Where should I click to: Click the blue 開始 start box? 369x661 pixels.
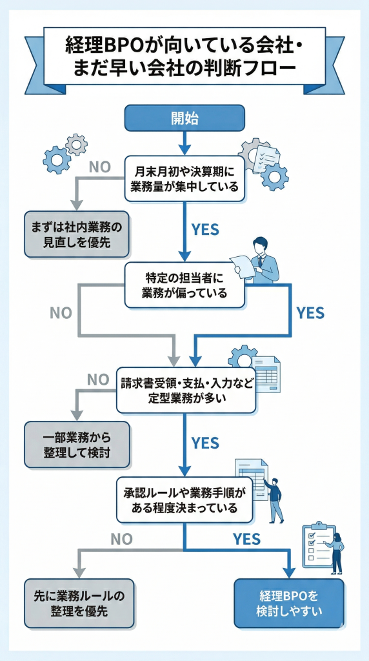[x=184, y=118]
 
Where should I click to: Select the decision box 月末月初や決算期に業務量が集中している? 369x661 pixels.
[x=184, y=179]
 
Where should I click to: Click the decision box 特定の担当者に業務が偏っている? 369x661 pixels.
[x=184, y=285]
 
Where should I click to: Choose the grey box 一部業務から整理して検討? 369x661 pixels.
[x=77, y=445]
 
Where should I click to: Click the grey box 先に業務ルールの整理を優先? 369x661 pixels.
[x=79, y=603]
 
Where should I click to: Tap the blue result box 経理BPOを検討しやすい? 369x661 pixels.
[x=288, y=603]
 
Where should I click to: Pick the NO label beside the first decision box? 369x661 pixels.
[x=100, y=167]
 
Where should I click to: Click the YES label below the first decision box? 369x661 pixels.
[x=205, y=229]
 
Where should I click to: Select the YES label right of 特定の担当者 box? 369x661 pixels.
[x=310, y=313]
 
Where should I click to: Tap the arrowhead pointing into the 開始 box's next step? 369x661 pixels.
[x=184, y=148]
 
